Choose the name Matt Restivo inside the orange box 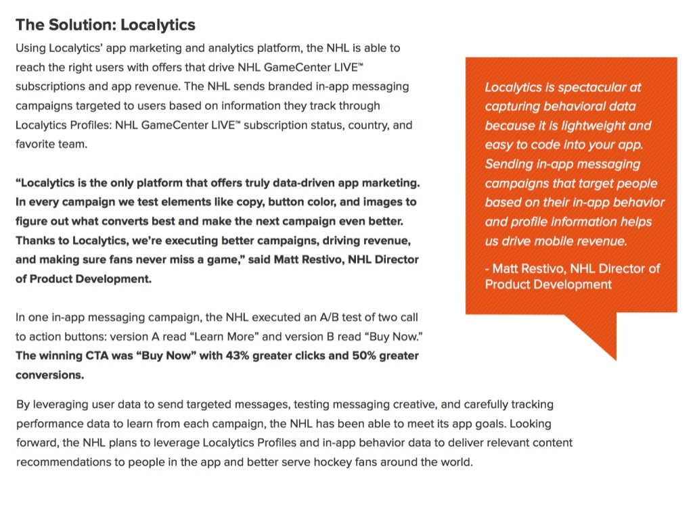coord(529,268)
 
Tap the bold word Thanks coord(35,241)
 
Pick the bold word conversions coord(49,374)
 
